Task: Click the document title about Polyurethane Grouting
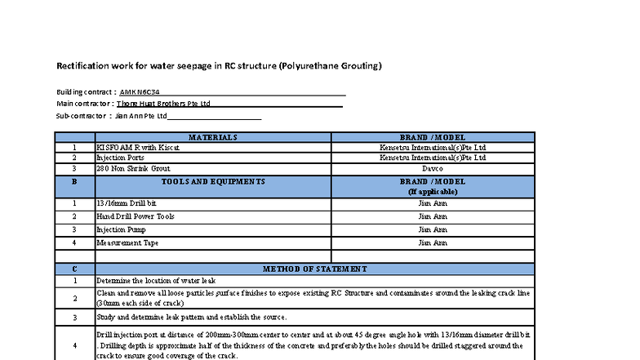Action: pos(219,65)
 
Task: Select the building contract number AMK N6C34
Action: pos(140,91)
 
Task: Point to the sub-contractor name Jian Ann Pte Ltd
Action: pos(140,117)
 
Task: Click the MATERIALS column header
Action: pos(213,137)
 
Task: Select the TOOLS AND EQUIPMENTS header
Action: pos(213,181)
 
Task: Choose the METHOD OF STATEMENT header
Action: pos(314,269)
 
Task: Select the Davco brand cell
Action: pos(433,168)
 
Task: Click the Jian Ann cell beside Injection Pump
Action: pos(433,229)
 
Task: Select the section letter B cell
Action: pos(74,181)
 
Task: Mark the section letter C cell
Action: pos(74,269)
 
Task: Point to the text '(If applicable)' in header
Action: pos(433,192)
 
